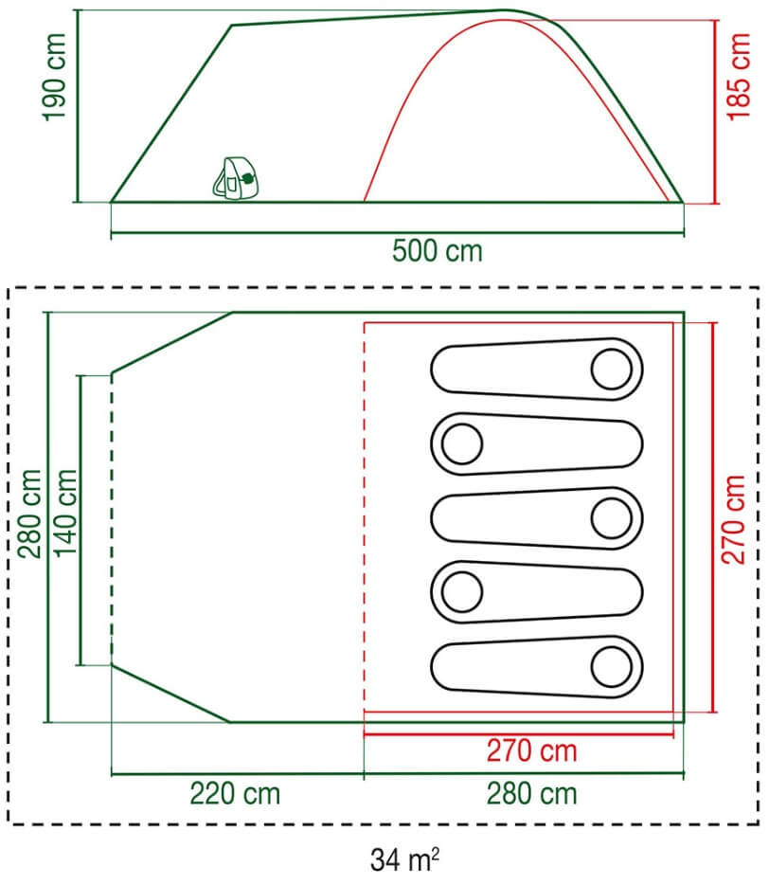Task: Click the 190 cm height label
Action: [55, 78]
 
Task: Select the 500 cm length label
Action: [438, 251]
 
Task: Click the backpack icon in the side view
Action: [236, 178]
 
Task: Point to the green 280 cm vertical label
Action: [29, 514]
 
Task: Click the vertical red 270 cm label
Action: [733, 519]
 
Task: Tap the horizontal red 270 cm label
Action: [532, 751]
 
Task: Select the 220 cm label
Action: [235, 794]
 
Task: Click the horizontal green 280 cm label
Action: [532, 794]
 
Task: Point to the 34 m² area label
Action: [404, 859]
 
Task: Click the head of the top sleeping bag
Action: [612, 370]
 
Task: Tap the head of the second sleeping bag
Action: [462, 443]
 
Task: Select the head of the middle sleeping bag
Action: [612, 518]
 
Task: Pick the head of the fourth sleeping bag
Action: [462, 592]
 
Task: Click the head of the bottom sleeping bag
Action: [612, 667]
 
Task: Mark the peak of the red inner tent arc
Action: [504, 20]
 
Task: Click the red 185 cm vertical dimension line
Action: [716, 111]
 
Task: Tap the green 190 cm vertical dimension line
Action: [78, 105]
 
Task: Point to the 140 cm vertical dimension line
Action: [80, 520]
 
